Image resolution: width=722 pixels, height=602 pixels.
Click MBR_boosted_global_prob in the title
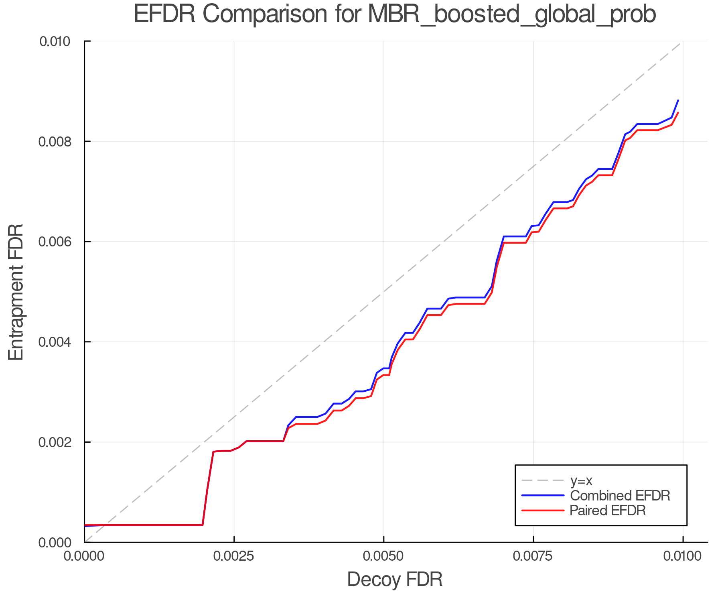511,15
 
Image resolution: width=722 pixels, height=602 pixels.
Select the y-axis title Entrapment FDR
16,292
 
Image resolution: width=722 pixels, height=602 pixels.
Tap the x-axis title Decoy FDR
395,580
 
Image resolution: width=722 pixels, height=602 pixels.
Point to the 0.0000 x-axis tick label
84,556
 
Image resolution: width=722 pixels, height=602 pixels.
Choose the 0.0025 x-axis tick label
234,556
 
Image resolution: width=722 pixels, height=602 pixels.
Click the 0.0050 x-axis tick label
384,556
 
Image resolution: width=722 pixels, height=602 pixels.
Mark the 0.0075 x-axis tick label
533,556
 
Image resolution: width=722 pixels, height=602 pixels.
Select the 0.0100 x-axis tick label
683,556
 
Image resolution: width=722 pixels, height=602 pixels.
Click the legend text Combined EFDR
620,496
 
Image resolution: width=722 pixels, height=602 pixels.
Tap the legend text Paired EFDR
608,510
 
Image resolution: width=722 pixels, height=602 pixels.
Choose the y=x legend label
581,480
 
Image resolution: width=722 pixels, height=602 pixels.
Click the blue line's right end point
678,100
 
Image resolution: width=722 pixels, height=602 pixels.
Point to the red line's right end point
678,113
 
